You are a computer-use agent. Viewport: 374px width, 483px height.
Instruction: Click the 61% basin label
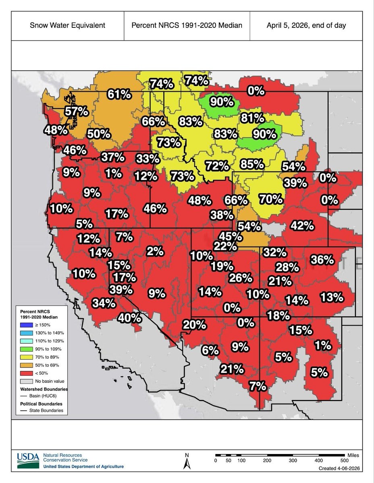[119, 95]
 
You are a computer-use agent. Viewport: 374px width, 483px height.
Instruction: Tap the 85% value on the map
[251, 164]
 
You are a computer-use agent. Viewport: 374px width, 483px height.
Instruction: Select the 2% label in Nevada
[155, 251]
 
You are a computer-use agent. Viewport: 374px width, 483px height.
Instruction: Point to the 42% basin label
[302, 226]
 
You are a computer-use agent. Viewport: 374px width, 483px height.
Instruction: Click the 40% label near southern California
[130, 318]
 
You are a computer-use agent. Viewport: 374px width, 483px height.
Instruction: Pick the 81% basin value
[252, 118]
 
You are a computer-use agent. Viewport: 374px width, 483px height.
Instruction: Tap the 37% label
[112, 157]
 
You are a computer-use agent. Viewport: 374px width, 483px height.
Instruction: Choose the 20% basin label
[194, 324]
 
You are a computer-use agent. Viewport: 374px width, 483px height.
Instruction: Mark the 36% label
[322, 260]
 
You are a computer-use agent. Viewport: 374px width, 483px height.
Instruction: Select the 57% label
[77, 111]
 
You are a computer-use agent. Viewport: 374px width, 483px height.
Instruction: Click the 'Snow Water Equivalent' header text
[67, 25]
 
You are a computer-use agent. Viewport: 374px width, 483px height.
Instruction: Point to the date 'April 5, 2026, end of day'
[306, 25]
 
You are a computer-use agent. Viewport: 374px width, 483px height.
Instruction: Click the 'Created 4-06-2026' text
[338, 468]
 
